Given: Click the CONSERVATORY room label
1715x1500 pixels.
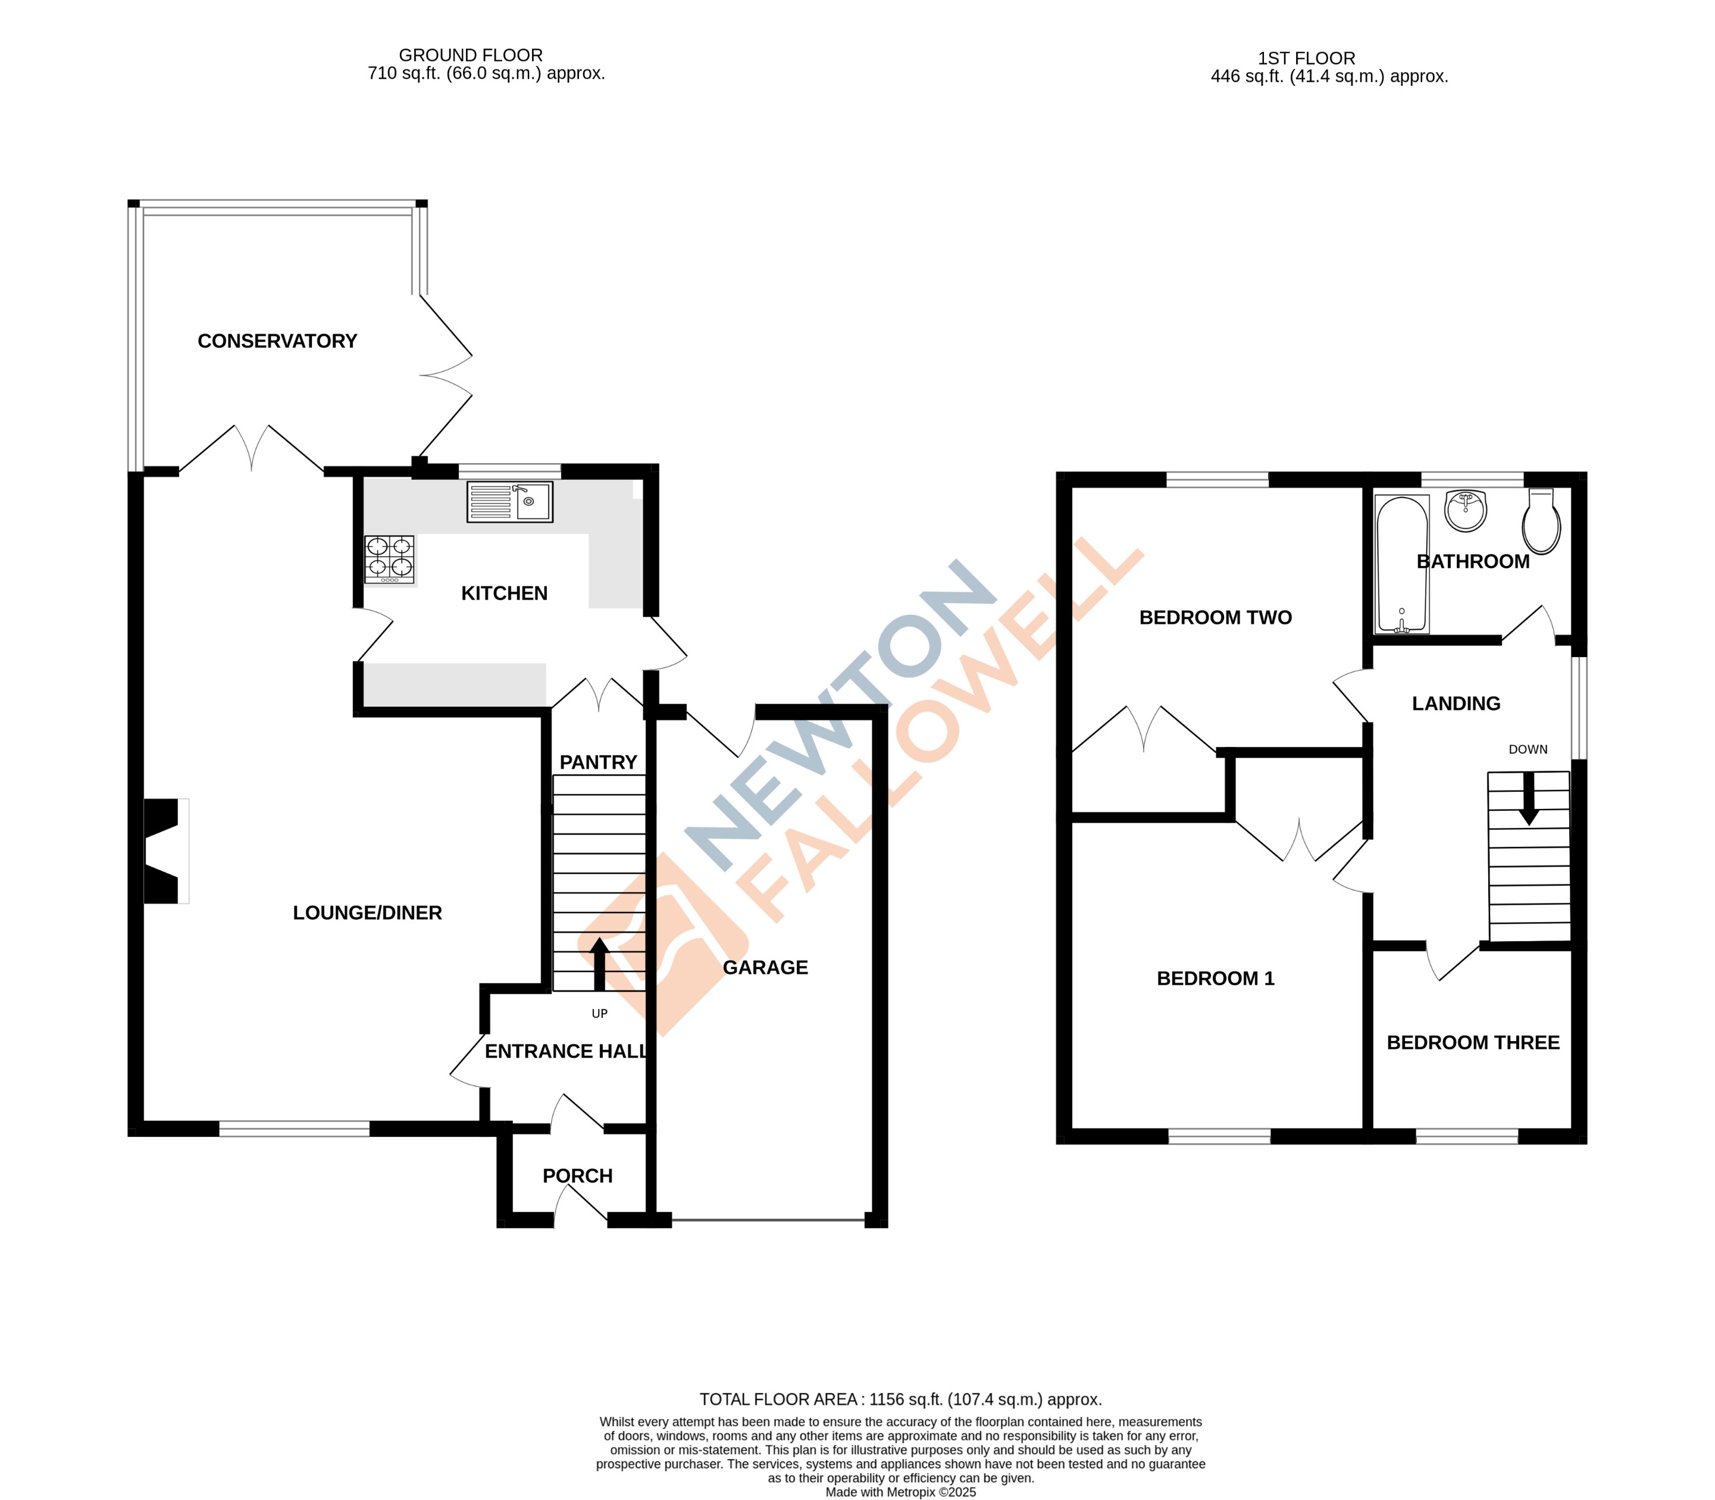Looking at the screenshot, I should tap(277, 342).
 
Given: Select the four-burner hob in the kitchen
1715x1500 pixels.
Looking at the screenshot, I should tap(389, 559).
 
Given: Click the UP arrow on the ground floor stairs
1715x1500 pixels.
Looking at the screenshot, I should tap(599, 962).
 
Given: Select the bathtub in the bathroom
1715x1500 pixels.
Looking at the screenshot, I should tap(1401, 563).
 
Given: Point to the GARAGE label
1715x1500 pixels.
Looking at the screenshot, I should tap(765, 968).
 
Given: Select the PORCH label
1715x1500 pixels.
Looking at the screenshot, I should tap(578, 1176).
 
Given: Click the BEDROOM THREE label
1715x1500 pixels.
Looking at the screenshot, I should tap(1473, 1043).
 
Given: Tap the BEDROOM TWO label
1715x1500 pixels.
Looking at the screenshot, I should tap(1215, 618).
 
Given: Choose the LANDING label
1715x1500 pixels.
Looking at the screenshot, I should tap(1456, 704).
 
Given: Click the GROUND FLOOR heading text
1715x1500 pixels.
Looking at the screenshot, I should tap(470, 55).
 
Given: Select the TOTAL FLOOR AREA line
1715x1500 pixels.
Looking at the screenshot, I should tap(900, 1399).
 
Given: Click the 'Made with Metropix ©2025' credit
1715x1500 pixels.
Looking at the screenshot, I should tap(900, 1492).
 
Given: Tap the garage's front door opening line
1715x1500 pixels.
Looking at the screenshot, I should tap(768, 1220).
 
